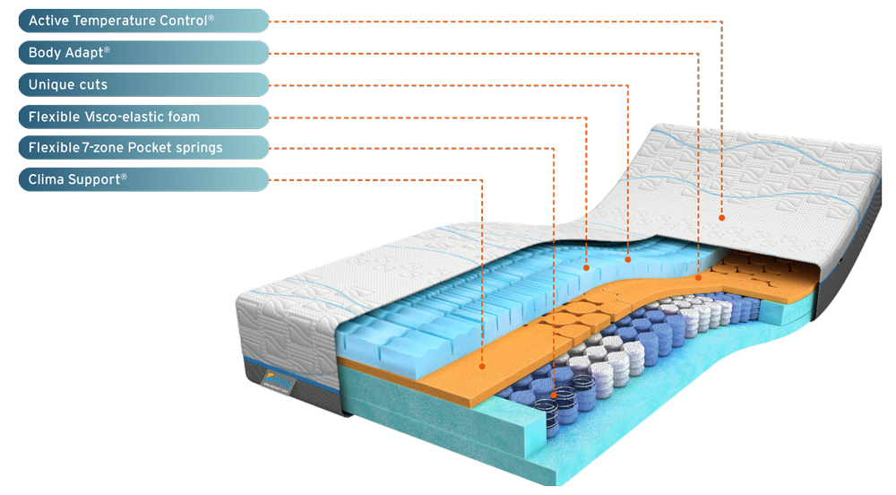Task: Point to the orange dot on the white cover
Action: pos(721,218)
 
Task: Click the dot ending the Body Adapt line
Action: pos(698,278)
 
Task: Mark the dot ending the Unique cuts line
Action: pos(628,259)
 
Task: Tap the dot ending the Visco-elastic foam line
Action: pos(586,267)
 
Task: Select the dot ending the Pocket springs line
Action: pos(553,395)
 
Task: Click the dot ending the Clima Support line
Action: pos(482,366)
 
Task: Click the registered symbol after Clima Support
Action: pos(124,177)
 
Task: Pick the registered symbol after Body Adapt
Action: pos(107,49)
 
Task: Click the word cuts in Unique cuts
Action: pos(92,84)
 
